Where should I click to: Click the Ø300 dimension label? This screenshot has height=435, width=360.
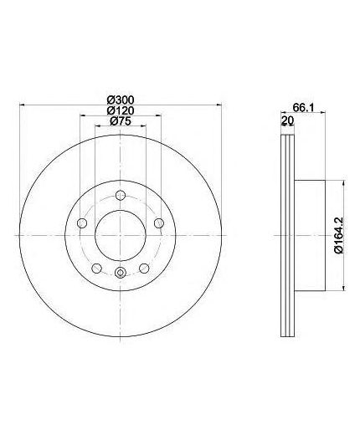121,100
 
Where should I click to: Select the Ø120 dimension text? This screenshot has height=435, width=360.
121,110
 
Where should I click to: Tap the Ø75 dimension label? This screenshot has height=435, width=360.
121,121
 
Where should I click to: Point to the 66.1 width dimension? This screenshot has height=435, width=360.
304,107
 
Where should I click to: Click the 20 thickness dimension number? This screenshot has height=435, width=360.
287,120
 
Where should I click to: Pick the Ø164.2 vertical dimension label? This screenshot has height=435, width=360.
340,236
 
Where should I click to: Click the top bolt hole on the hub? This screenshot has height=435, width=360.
120,195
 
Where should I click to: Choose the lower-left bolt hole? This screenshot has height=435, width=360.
96,269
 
